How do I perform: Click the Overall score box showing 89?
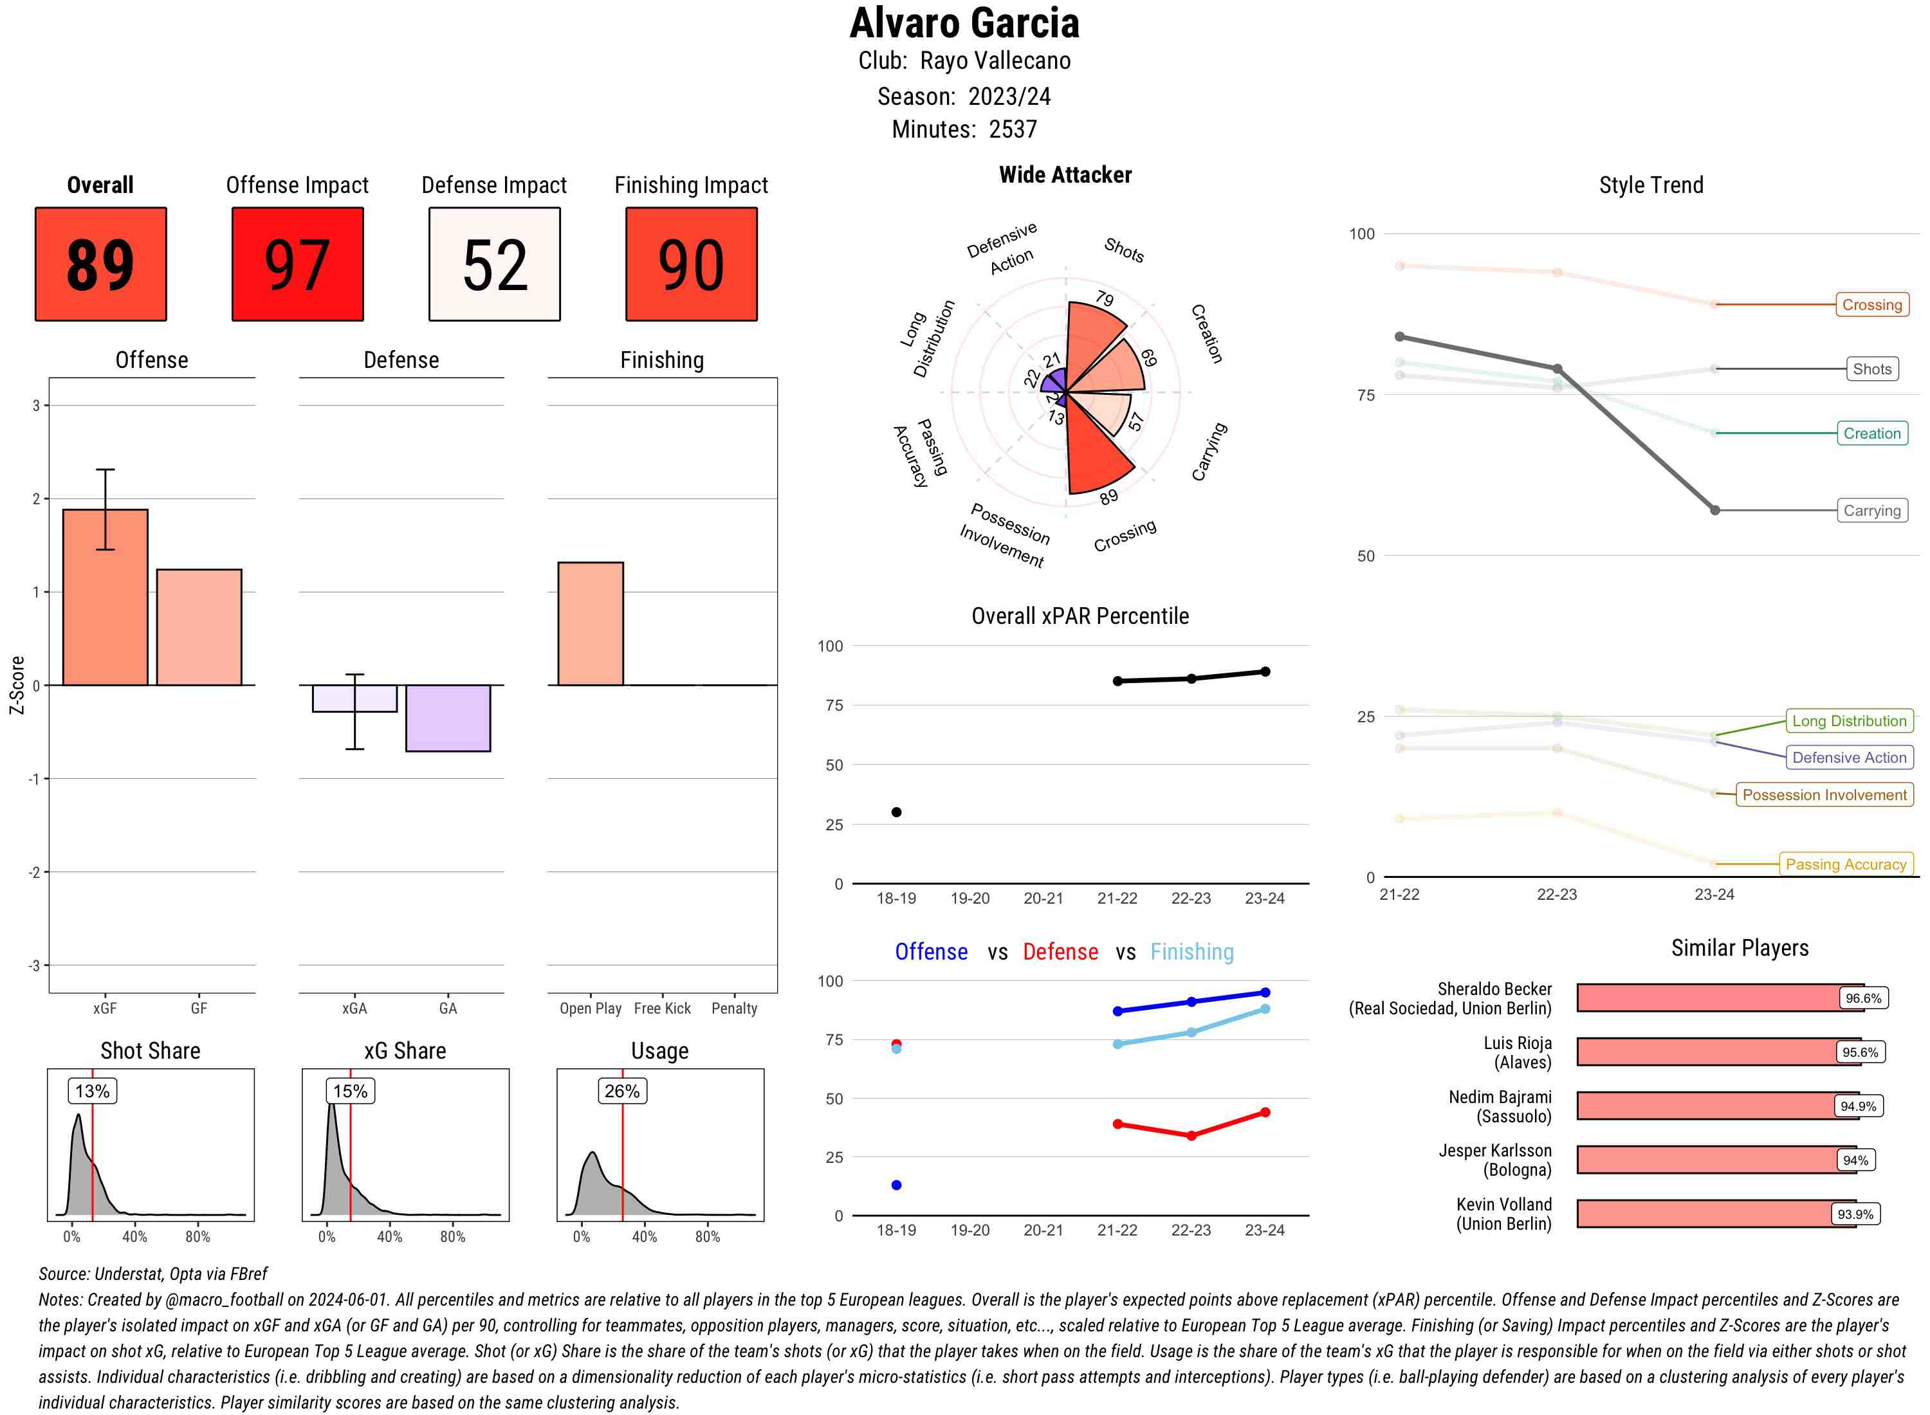(100, 264)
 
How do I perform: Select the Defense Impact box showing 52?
(494, 264)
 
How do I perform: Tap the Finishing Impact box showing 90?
(692, 264)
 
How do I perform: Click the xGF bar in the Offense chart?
(106, 597)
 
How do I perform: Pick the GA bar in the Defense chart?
(448, 718)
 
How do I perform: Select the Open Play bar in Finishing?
(590, 623)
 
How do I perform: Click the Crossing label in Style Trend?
(1871, 305)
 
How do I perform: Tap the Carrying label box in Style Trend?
(1871, 511)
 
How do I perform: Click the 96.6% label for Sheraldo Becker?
(1863, 998)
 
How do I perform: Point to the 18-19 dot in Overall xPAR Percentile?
(896, 812)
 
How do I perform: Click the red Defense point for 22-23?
(1191, 1136)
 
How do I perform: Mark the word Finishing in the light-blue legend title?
(1191, 952)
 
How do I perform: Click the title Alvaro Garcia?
(964, 23)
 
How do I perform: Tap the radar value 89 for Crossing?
(1108, 497)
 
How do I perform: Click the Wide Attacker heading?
(1065, 175)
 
